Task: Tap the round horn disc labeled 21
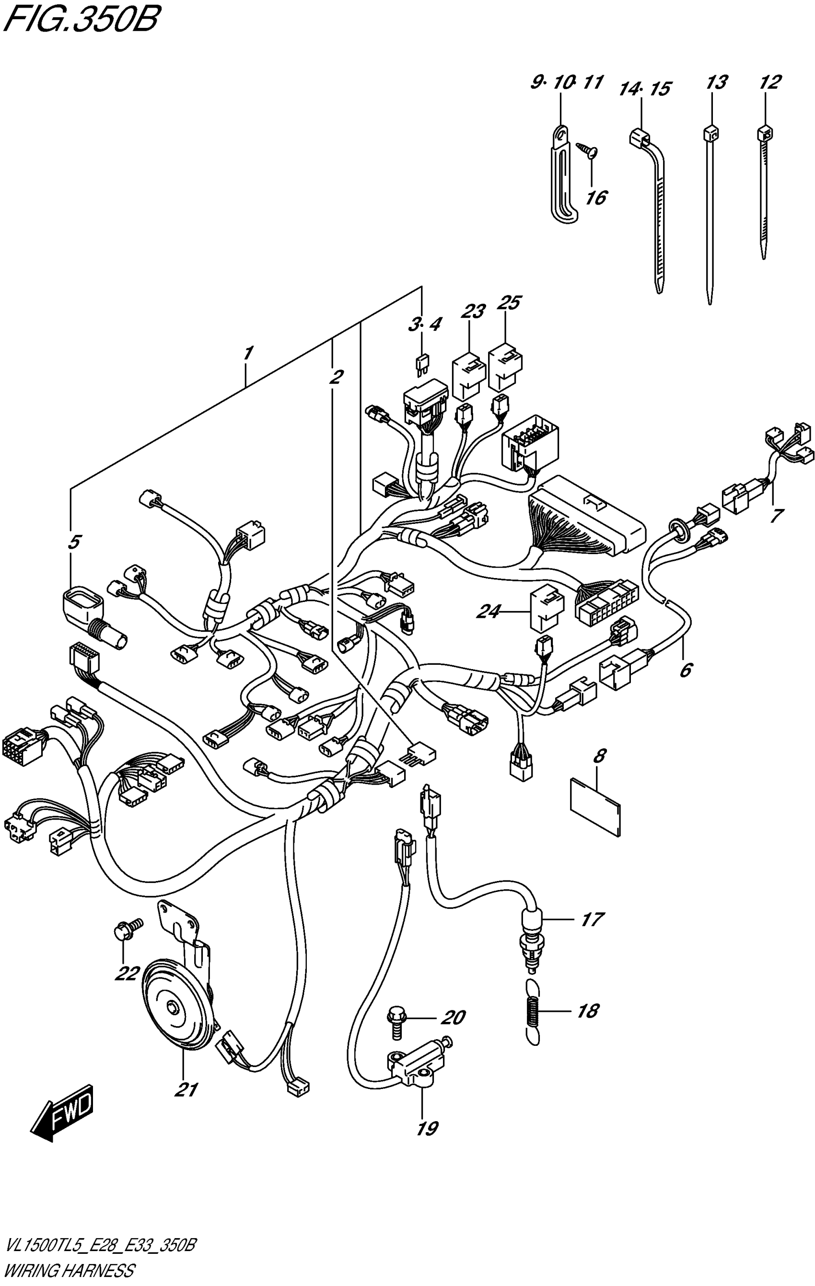[x=176, y=1008]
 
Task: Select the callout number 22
[x=126, y=974]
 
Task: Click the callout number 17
[x=591, y=920]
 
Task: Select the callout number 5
[x=74, y=542]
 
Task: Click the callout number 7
[x=776, y=515]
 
